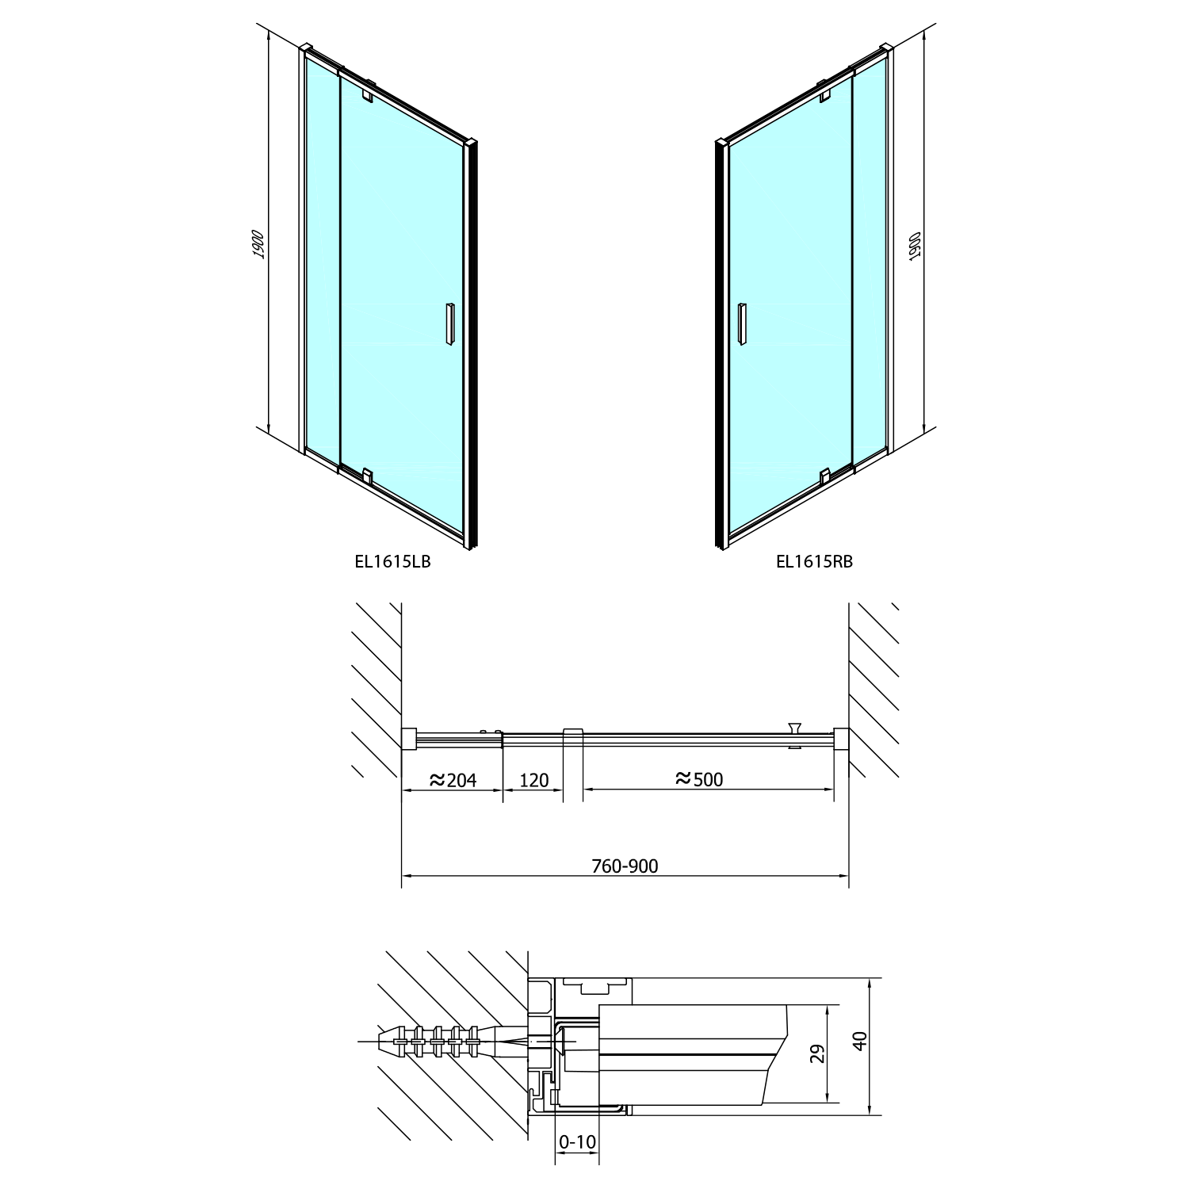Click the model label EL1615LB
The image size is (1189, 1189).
point(392,562)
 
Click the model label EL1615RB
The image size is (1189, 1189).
point(814,562)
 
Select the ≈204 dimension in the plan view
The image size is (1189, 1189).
point(453,780)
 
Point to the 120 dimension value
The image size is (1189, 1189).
point(533,780)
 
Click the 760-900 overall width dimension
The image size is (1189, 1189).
point(625,866)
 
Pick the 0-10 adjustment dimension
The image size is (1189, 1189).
point(577,1141)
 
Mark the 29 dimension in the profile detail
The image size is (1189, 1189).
point(819,1053)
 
